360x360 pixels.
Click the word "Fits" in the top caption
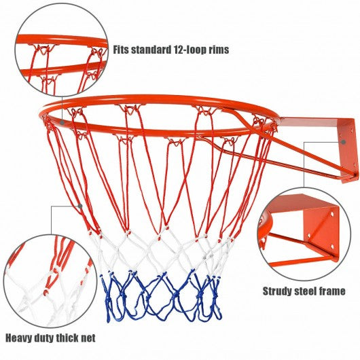tap(121, 50)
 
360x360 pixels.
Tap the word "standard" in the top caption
tap(151, 50)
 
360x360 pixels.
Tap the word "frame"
tap(330, 291)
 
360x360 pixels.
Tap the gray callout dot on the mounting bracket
tap(343, 142)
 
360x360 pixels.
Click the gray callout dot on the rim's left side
tap(62, 122)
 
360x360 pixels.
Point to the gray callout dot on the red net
tap(80, 206)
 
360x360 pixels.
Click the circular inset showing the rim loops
tap(61, 50)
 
